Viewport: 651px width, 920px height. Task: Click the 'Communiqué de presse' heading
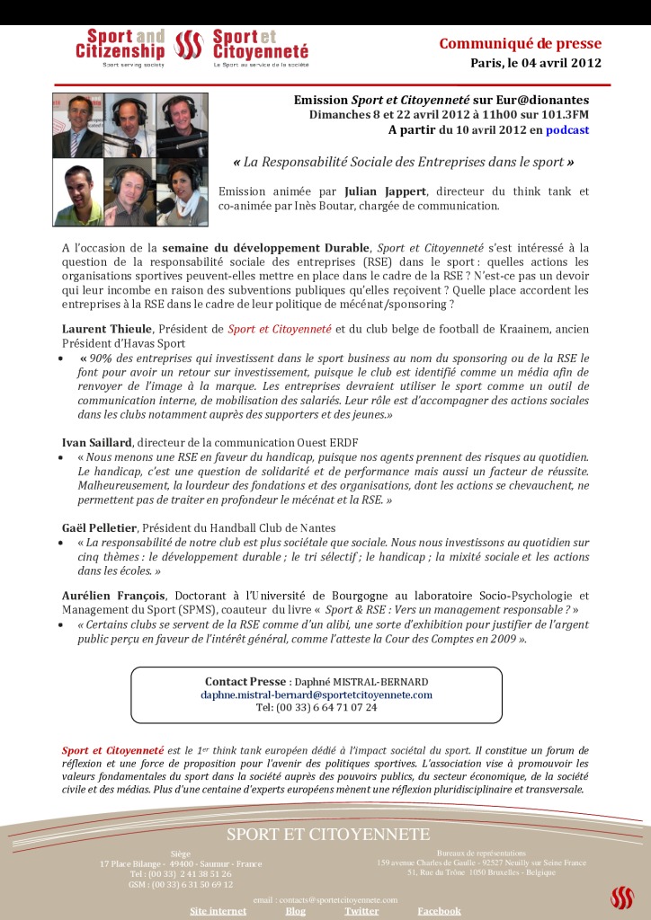tap(520, 44)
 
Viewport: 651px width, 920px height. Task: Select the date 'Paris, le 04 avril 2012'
tap(535, 63)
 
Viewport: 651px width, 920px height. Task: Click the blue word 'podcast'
tap(566, 130)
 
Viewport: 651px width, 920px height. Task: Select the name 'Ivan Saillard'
tap(97, 443)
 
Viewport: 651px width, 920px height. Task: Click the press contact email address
tap(317, 694)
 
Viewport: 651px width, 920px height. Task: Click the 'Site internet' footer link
tap(218, 911)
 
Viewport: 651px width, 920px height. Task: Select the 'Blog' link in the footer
tap(295, 911)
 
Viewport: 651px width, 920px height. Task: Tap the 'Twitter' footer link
tap(361, 911)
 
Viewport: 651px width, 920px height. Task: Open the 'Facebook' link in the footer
tap(439, 911)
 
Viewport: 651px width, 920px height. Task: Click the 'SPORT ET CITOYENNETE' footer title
tap(328, 835)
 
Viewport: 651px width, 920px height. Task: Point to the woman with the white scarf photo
tap(182, 193)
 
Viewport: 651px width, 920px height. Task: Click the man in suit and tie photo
tap(77, 126)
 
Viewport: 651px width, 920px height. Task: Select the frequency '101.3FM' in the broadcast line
tap(562, 115)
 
